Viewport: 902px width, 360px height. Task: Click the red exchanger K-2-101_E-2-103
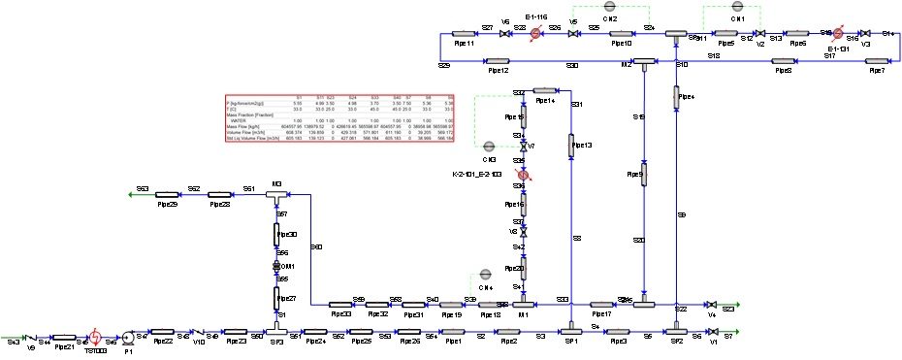click(523, 174)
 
